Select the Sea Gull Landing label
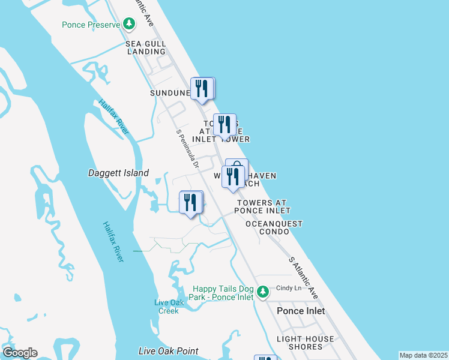145,47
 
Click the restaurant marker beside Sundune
202,88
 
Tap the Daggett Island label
118,173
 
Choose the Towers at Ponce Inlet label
262,207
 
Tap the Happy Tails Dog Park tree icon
262,292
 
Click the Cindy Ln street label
289,288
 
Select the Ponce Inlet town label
301,311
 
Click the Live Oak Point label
168,351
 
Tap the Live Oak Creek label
168,306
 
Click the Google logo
19,353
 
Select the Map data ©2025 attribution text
423,355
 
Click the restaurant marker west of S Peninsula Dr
191,202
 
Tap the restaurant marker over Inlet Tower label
224,125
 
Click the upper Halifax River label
111,112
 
